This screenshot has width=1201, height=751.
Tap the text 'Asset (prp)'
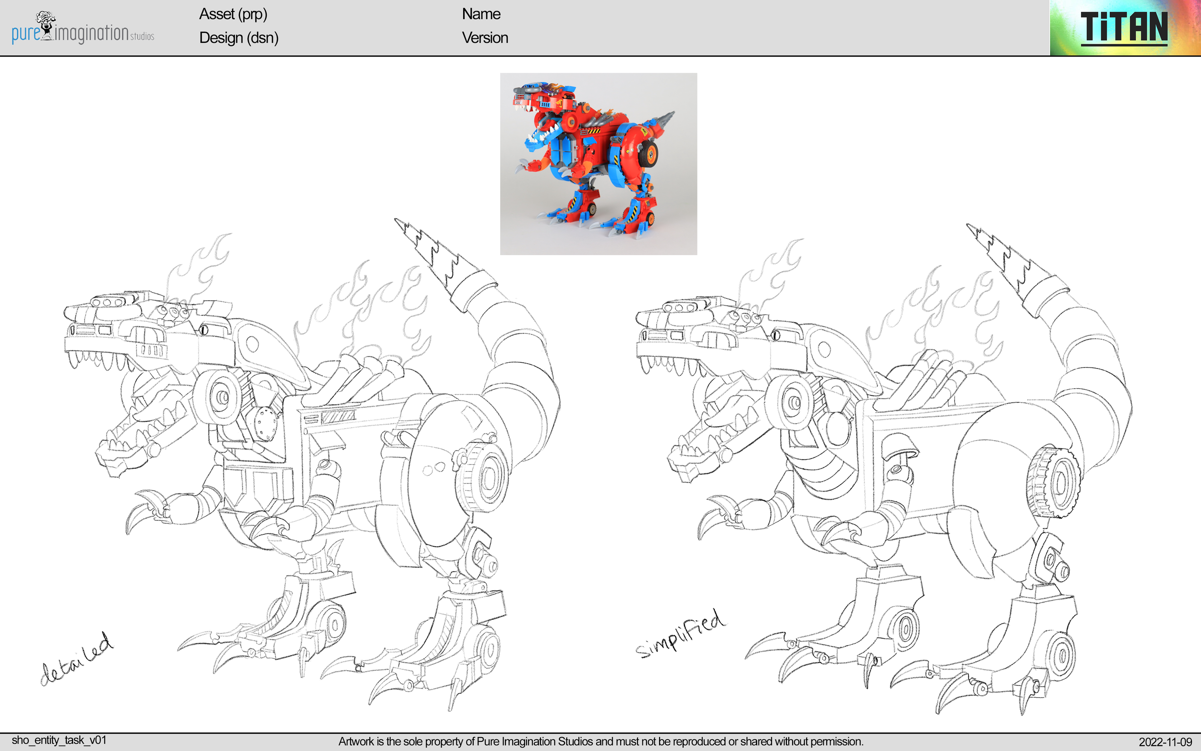pyautogui.click(x=233, y=14)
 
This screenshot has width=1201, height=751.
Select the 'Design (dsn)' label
pyautogui.click(x=238, y=38)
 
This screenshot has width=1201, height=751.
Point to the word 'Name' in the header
pyautogui.click(x=480, y=14)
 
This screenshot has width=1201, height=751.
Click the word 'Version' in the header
pyautogui.click(x=485, y=38)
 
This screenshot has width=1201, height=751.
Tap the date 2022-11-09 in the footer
pyautogui.click(x=1165, y=742)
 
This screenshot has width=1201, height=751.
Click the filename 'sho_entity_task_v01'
pyautogui.click(x=59, y=740)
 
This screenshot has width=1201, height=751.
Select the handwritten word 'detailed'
pyautogui.click(x=77, y=660)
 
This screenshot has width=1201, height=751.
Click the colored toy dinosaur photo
pyautogui.click(x=598, y=164)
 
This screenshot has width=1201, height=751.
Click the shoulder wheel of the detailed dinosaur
pyautogui.click(x=219, y=397)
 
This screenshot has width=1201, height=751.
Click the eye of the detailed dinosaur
pyautogui.click(x=204, y=329)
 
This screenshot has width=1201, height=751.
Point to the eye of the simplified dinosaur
pyautogui.click(x=776, y=335)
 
